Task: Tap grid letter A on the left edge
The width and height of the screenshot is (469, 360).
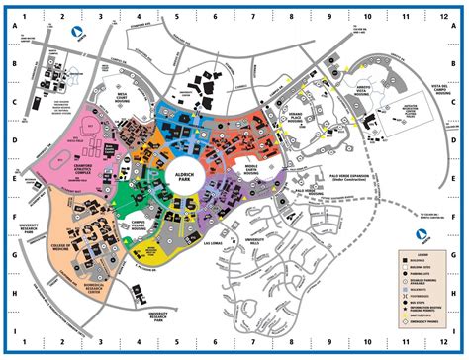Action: tap(15, 30)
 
